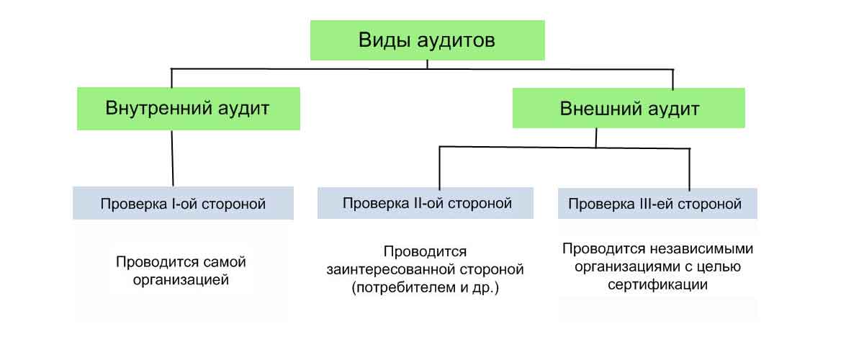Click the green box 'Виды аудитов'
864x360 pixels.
(427, 40)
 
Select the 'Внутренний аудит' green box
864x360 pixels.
(188, 109)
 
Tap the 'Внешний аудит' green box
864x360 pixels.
(629, 109)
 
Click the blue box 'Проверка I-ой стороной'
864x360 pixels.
(183, 204)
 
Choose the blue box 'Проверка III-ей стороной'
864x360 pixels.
(657, 204)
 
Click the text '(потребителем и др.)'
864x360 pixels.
(426, 288)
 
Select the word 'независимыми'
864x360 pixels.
(708, 250)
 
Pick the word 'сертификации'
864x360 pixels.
(657, 284)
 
